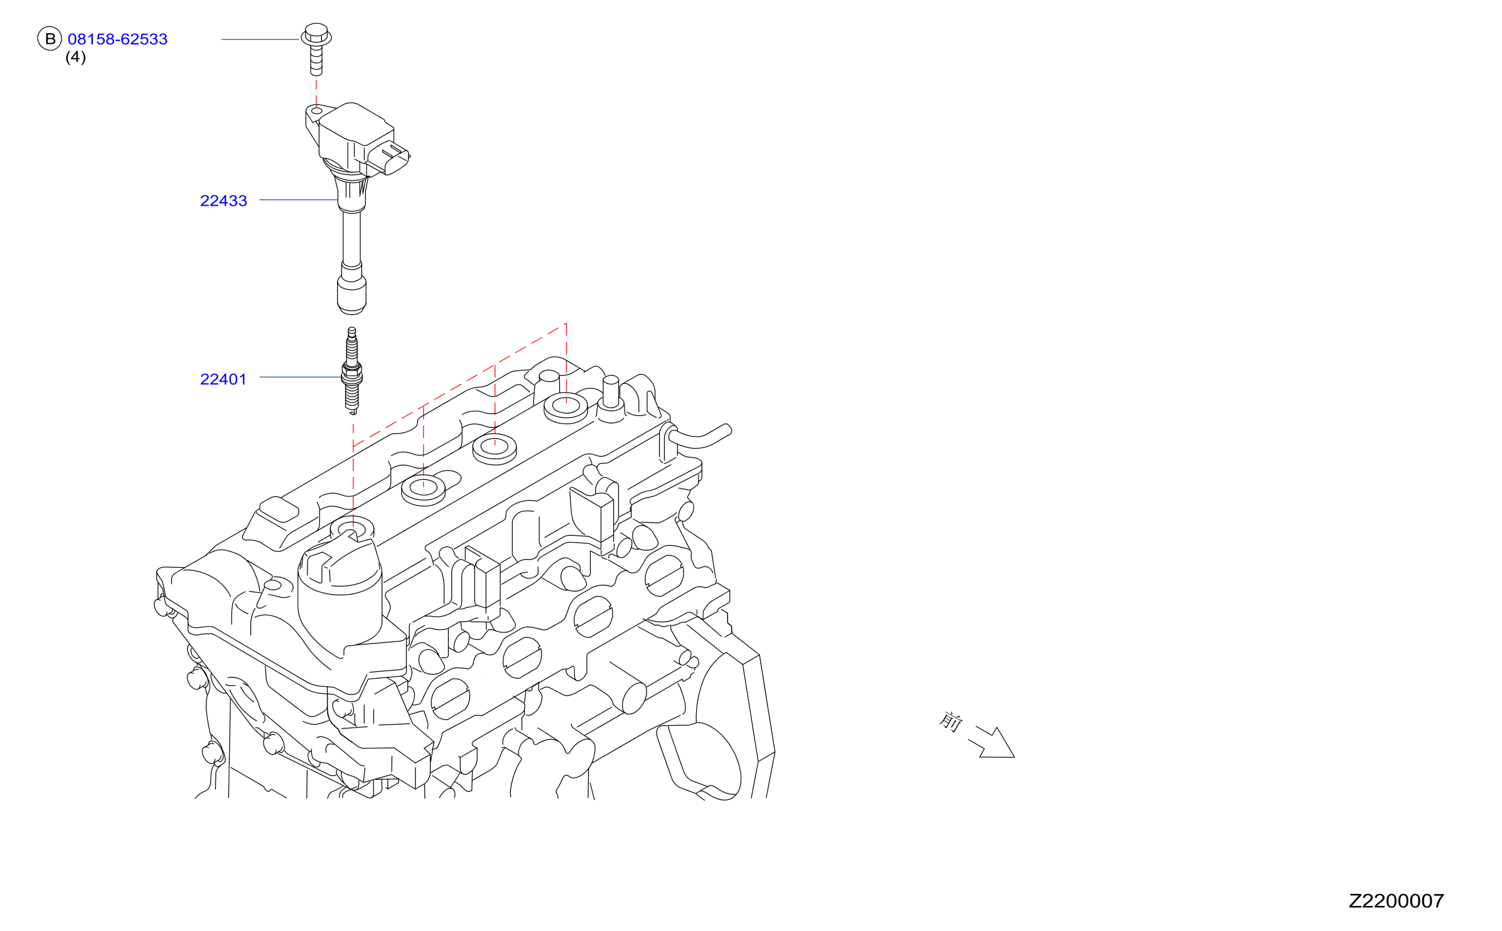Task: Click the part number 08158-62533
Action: point(117,39)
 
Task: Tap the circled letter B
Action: point(50,39)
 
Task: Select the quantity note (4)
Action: point(75,57)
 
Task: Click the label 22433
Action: point(223,201)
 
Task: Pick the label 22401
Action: point(223,379)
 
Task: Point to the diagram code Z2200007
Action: point(1396,901)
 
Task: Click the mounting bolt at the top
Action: point(316,49)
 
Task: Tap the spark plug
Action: point(351,370)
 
